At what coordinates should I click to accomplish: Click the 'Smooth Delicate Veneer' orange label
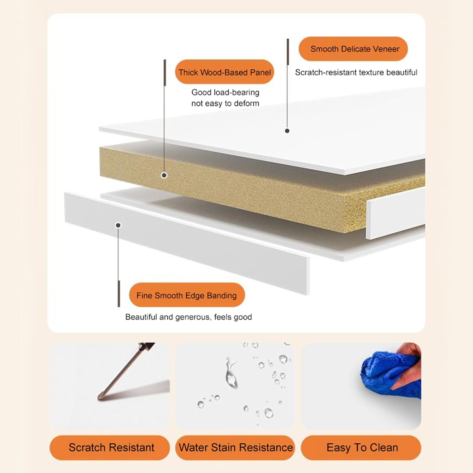click(x=353, y=49)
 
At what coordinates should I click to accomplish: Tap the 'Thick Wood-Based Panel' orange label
click(x=225, y=72)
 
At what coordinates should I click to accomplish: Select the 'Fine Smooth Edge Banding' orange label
click(x=187, y=295)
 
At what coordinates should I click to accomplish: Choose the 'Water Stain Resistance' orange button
click(x=235, y=447)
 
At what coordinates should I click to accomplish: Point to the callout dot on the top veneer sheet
click(x=287, y=131)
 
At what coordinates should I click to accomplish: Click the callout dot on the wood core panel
click(x=164, y=175)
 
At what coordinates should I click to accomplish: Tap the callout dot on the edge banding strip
click(x=118, y=225)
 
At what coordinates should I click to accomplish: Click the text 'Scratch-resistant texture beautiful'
click(x=356, y=73)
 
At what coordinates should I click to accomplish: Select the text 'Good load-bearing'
click(x=225, y=92)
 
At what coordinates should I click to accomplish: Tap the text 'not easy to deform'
click(x=225, y=103)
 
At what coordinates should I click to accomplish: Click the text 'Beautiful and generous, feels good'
click(x=189, y=317)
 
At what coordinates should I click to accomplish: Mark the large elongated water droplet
click(x=231, y=374)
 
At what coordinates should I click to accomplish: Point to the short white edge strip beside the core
click(x=395, y=214)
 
